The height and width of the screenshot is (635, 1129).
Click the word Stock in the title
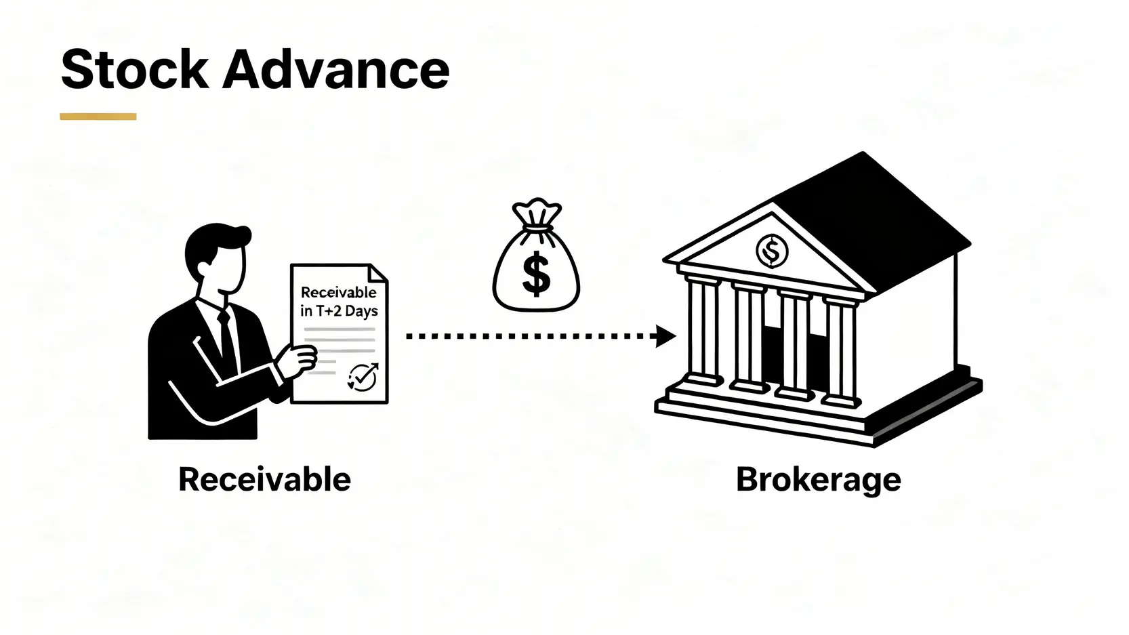(x=134, y=69)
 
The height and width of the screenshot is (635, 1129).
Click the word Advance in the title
(x=336, y=69)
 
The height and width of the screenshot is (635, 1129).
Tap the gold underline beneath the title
(x=98, y=117)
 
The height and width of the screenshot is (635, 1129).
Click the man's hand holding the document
(x=298, y=359)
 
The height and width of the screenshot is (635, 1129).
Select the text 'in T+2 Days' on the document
(x=339, y=311)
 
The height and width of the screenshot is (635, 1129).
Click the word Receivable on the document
(x=338, y=292)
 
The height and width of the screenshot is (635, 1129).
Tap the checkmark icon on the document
(x=362, y=377)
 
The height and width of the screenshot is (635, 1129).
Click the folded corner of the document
(x=378, y=272)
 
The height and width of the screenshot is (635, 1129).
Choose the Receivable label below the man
(x=264, y=480)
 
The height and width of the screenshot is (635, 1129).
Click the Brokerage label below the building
(x=818, y=480)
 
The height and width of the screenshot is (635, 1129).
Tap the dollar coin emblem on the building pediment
(x=771, y=251)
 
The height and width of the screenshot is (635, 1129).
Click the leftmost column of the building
(x=703, y=332)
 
